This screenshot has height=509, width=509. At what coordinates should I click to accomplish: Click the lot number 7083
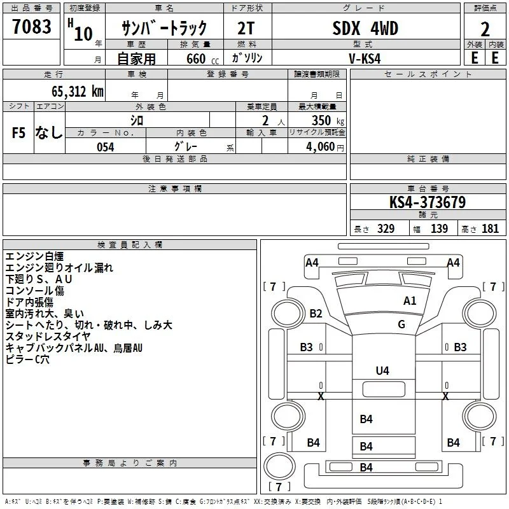coord(32,26)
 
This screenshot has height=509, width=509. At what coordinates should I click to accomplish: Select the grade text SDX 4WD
coord(365,28)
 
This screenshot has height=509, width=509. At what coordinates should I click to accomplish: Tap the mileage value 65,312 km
coord(78,91)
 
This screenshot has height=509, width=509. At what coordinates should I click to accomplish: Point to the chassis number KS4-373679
coord(428,202)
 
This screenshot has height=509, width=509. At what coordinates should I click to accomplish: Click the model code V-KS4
coord(365,59)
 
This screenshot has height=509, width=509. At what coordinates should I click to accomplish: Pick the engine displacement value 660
coord(196,59)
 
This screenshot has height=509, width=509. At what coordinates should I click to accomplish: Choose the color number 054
coord(106,147)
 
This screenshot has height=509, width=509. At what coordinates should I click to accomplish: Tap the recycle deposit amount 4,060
coord(320,147)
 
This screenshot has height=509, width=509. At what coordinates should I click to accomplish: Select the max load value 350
coord(321,120)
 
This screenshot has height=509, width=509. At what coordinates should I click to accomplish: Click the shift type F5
coord(18,133)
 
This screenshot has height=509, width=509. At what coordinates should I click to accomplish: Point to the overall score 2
coord(485,29)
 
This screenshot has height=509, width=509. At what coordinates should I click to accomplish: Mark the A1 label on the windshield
coord(410,301)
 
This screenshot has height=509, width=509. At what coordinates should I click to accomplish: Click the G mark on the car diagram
coord(401,324)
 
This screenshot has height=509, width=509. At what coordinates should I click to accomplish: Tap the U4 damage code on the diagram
coord(382,371)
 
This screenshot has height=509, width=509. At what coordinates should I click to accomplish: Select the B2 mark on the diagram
coord(316,314)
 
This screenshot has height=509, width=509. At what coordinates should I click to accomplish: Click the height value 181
coord(490,228)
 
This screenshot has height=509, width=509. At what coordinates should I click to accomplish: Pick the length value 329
coord(386,228)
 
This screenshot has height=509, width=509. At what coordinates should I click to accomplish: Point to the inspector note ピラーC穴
coord(27,359)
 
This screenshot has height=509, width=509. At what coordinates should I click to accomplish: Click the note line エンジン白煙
coord(34,256)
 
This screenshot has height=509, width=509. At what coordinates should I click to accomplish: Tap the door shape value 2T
coord(246,29)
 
